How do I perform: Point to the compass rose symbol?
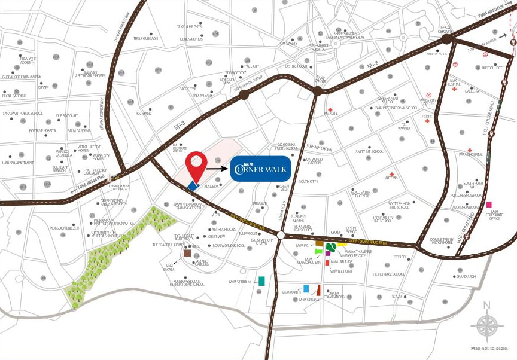pos(486,326)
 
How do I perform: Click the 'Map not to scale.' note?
pos(489,348)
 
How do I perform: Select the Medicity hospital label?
pos(331,113)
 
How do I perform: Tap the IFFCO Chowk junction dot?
pos(446,39)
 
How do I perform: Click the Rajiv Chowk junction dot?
pos(317,90)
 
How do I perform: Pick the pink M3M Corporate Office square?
pos(489,205)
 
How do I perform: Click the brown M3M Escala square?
pos(187,254)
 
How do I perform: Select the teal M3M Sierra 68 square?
pos(261,281)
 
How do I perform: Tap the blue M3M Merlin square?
pos(306,288)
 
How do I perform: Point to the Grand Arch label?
pos(465,276)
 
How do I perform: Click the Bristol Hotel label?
pos(492,68)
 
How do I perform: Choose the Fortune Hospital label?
pos(43,130)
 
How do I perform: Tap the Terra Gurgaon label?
pos(145,38)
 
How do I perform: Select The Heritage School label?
pos(388,274)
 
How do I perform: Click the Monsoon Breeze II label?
pos(65,228)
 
